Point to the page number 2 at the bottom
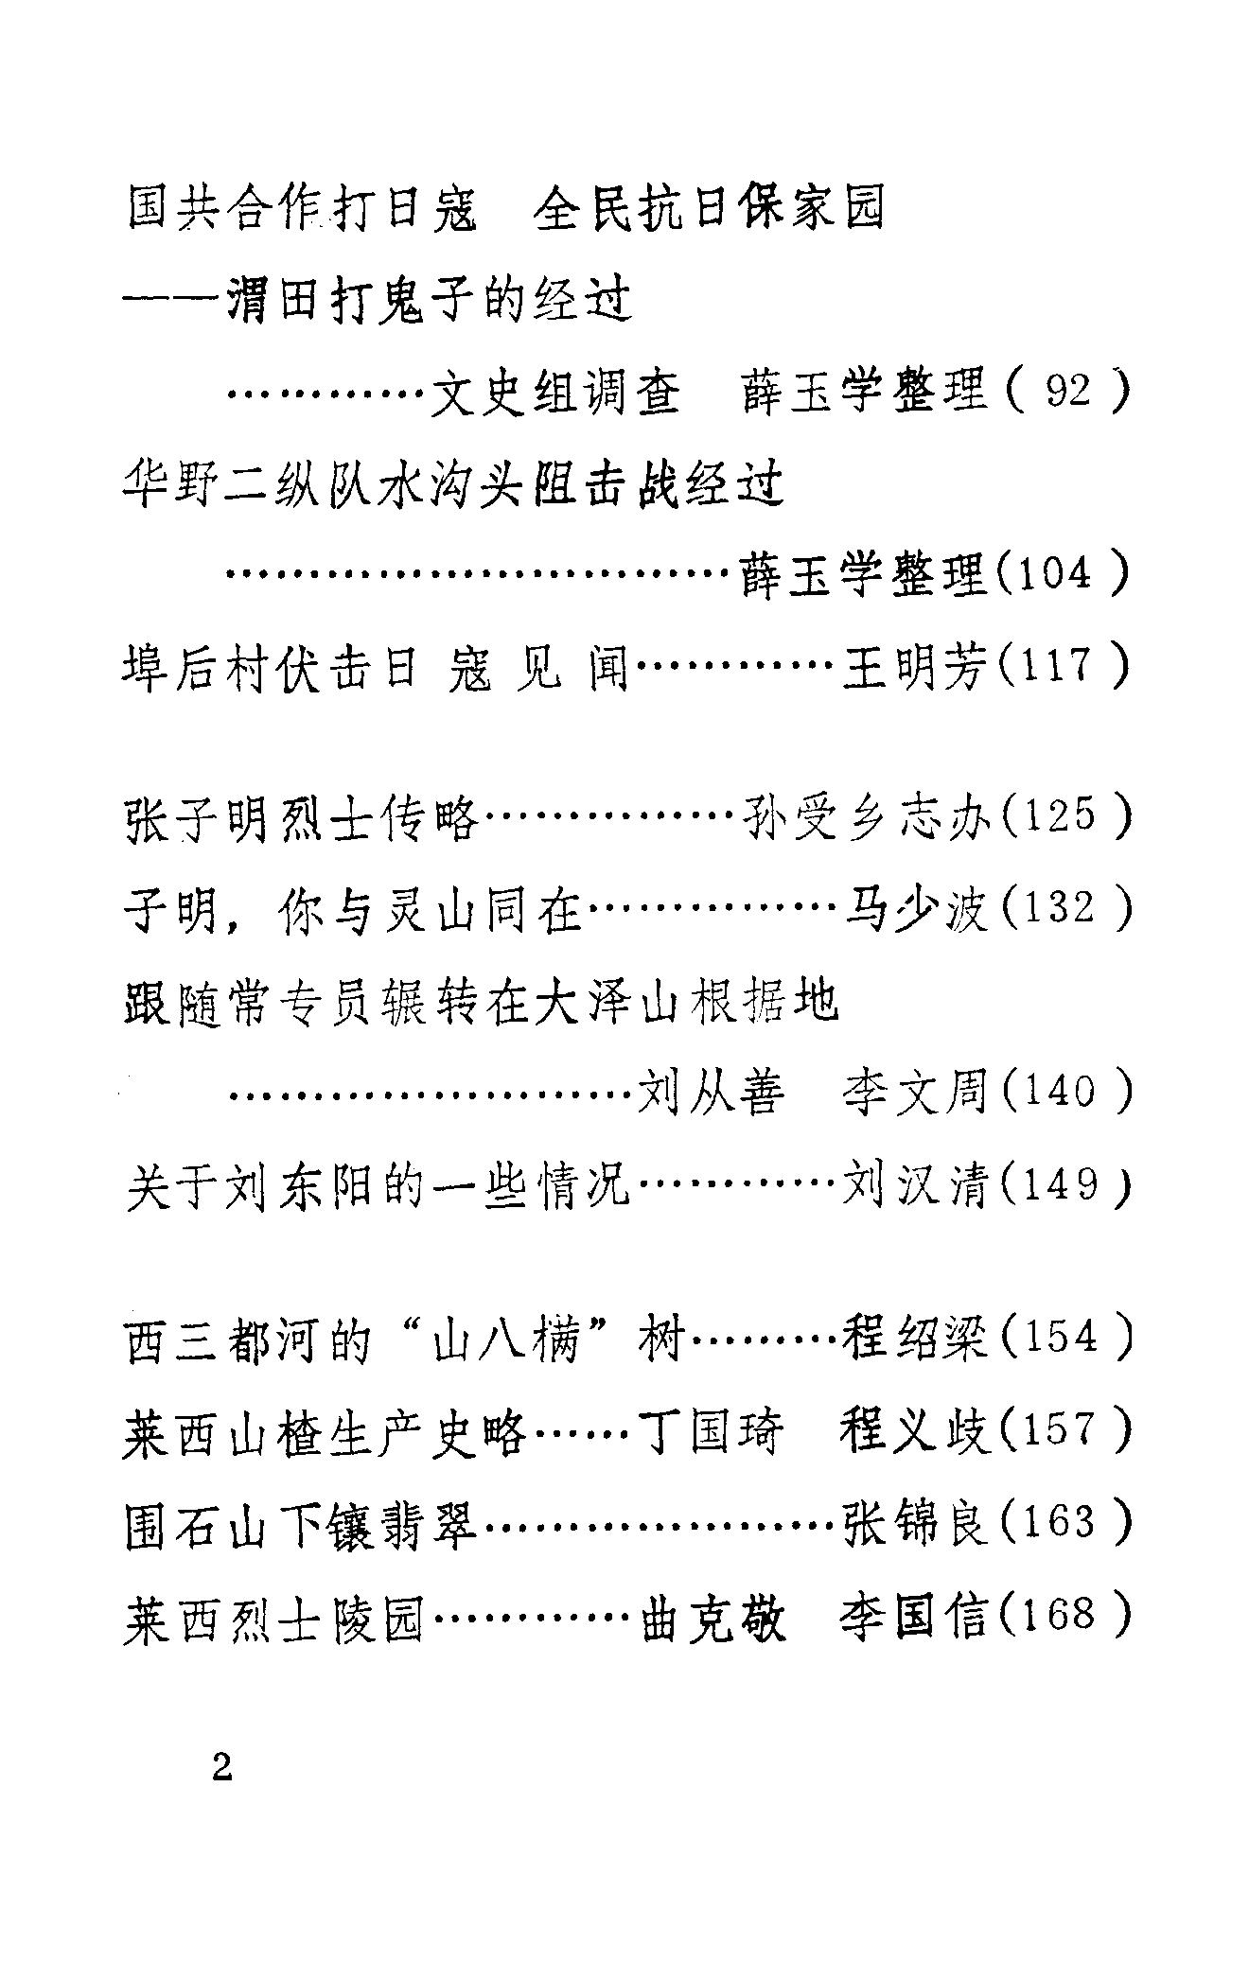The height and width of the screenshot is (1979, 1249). [222, 1767]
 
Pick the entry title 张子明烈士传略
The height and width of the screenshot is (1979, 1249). [301, 815]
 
